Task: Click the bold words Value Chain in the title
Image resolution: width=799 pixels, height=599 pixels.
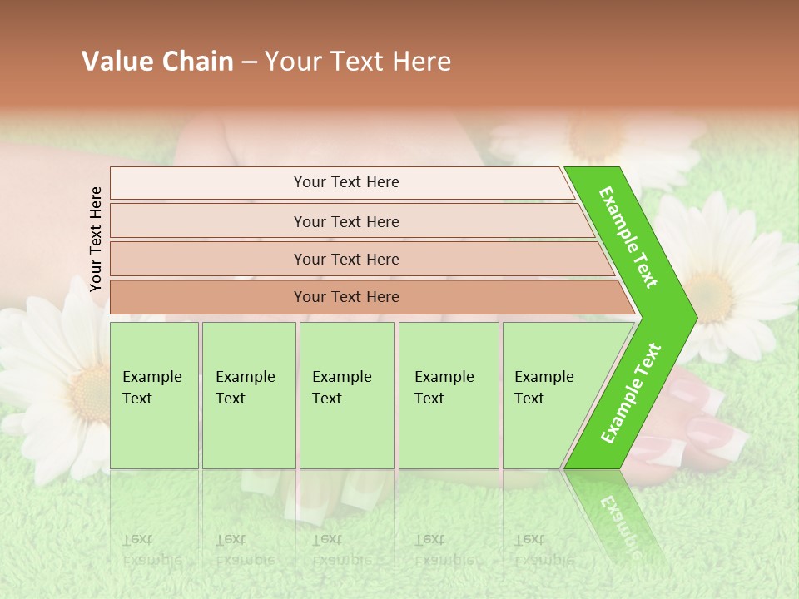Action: pyautogui.click(x=157, y=62)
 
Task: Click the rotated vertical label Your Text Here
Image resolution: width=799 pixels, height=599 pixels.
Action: pyautogui.click(x=96, y=239)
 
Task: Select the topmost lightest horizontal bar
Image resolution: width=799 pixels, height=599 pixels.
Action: pyautogui.click(x=341, y=182)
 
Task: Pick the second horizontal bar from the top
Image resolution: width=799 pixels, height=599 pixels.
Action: pyautogui.click(x=346, y=221)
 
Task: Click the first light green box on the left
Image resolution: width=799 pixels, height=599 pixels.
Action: pyautogui.click(x=154, y=395)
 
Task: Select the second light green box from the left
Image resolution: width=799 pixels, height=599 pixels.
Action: pyautogui.click(x=249, y=395)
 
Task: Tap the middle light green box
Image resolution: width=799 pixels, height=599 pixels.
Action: pyautogui.click(x=346, y=395)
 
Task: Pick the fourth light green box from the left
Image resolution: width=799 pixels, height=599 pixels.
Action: pyautogui.click(x=449, y=395)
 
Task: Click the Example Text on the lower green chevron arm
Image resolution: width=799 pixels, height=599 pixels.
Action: pyautogui.click(x=631, y=393)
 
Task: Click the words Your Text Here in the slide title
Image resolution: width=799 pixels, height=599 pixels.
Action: pyautogui.click(x=358, y=62)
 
